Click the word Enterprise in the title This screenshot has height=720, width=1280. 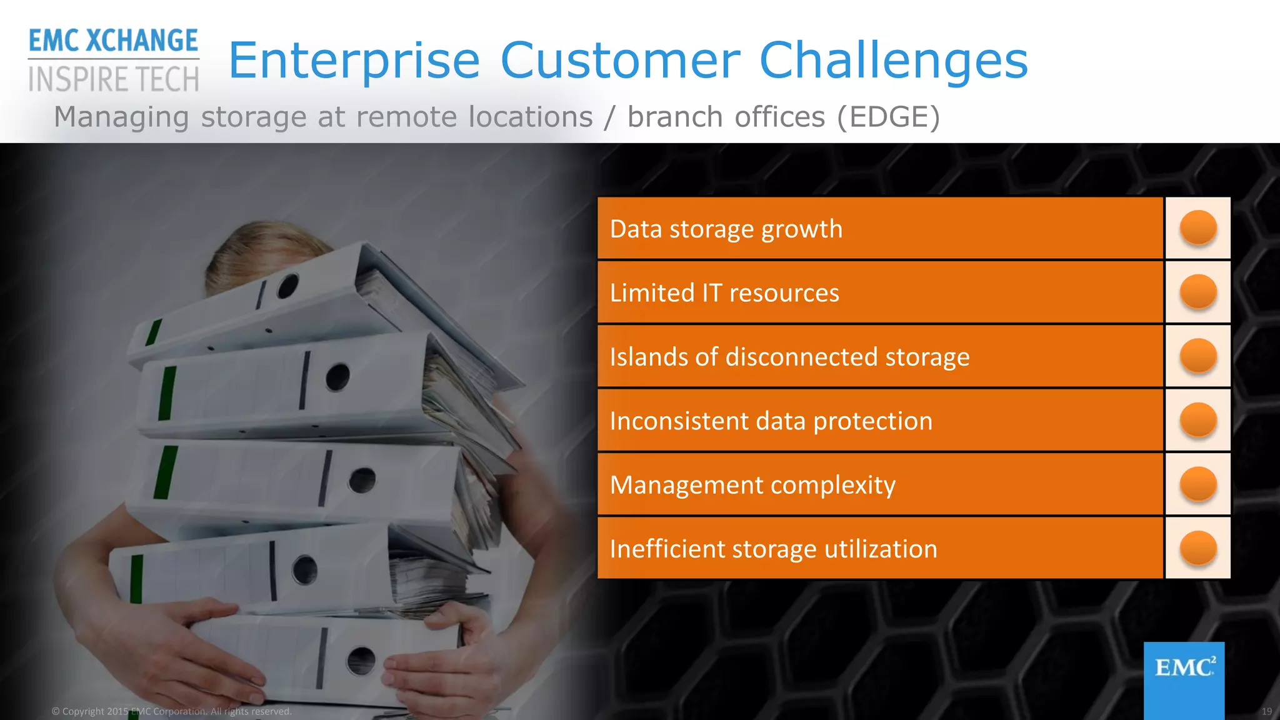coord(354,61)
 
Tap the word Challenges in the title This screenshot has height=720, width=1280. coord(893,61)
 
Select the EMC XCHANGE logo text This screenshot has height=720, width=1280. coord(113,41)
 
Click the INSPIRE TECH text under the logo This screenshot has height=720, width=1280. coord(113,80)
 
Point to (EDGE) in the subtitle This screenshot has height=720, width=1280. coord(888,117)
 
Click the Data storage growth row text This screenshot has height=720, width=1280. coord(726,229)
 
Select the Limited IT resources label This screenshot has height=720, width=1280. coord(724,293)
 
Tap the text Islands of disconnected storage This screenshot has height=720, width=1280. coord(789,357)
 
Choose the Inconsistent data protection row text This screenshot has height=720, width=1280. coord(770,421)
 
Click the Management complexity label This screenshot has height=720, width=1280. coord(752,485)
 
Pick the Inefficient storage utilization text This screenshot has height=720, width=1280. coord(773,549)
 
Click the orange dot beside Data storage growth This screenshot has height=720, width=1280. coord(1197,227)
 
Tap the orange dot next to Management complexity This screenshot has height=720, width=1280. coord(1197,484)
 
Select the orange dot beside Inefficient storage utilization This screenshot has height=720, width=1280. coord(1197,547)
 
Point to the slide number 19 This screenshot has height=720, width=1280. coord(1266,711)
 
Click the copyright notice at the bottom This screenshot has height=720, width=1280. coord(171,711)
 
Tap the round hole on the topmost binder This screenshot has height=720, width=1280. coord(288,286)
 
